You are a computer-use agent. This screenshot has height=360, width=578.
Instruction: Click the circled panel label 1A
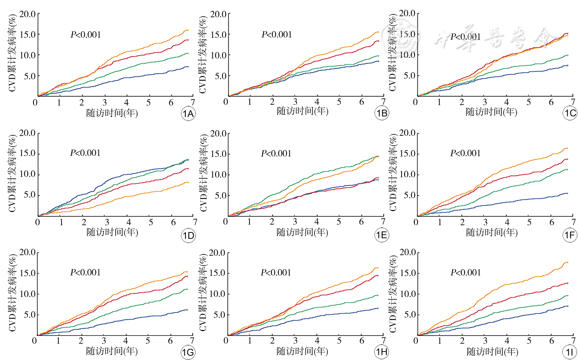(x=188, y=114)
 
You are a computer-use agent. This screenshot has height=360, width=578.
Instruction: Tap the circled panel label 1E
(x=382, y=235)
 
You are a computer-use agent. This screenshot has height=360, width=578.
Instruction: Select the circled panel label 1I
(x=570, y=352)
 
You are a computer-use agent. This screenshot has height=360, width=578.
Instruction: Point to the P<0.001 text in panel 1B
(x=277, y=35)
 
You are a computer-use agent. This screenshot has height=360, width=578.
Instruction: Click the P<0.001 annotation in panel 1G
(x=85, y=273)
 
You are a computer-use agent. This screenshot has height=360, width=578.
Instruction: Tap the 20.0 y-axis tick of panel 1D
(x=28, y=133)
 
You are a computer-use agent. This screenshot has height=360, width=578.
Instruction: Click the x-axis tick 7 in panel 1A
(x=193, y=102)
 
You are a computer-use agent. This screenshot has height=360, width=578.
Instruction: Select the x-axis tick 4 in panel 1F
(x=507, y=222)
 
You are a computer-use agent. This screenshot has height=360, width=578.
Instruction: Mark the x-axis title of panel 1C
(x=491, y=112)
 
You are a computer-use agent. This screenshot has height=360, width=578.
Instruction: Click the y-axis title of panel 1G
(x=12, y=293)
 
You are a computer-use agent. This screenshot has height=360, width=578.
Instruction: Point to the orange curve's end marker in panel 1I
(x=567, y=262)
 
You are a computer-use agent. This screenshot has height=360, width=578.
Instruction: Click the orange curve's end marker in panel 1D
(x=188, y=182)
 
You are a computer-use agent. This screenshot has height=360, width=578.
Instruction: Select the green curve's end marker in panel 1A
(x=188, y=53)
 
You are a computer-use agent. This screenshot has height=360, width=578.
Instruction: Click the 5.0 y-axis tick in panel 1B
(x=220, y=76)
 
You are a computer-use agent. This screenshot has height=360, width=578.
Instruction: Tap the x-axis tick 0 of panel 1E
(x=226, y=222)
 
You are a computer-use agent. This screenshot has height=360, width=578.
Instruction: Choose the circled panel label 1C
(x=570, y=113)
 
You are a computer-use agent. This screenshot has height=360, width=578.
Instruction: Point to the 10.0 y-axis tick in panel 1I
(x=408, y=294)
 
